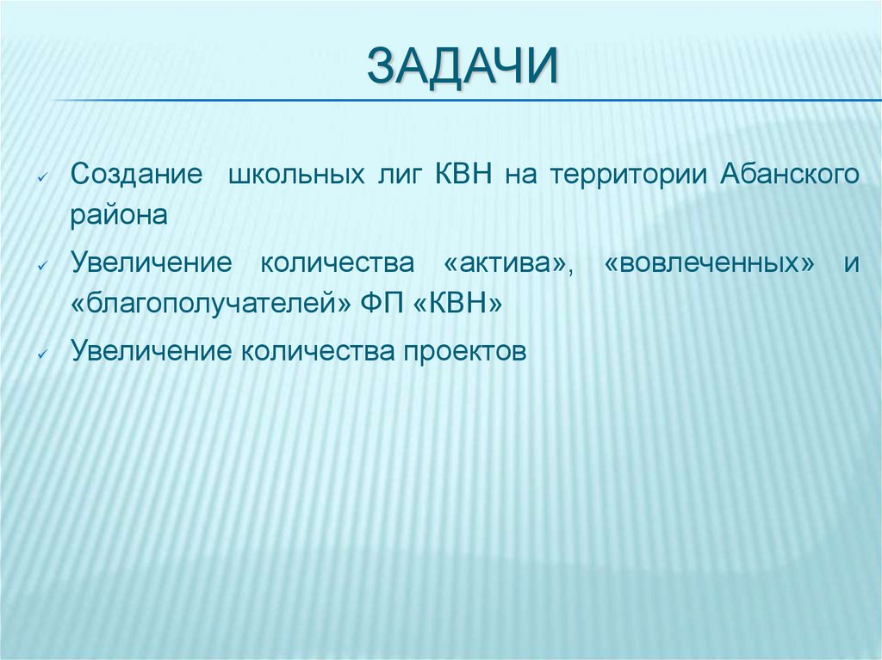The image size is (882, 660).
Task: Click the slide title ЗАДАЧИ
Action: tap(463, 67)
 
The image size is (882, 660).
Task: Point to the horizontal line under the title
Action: tap(465, 101)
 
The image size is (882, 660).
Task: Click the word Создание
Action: tap(137, 174)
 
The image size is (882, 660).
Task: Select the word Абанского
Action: tap(789, 175)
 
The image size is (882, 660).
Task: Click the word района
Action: tap(119, 216)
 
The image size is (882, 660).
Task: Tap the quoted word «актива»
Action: tap(498, 262)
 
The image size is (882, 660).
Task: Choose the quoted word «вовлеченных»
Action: tap(710, 262)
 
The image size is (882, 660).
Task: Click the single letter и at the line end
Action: tap(851, 263)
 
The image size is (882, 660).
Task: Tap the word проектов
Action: tap(463, 350)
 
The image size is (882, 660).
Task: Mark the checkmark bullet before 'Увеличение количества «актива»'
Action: tap(42, 266)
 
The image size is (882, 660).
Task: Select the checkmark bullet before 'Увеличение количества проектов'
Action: tap(42, 353)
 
